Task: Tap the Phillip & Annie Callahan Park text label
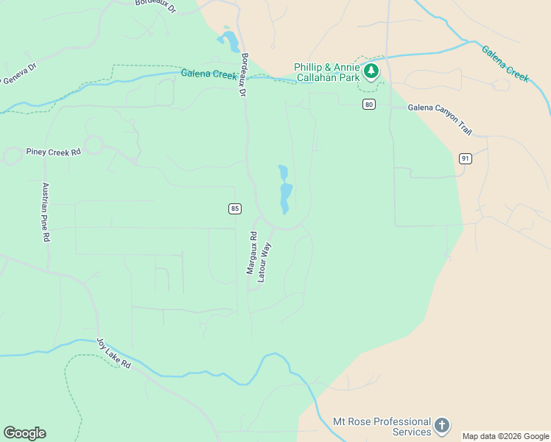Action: [x=326, y=71]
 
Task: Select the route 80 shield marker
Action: [x=368, y=105]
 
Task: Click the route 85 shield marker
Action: [x=234, y=208]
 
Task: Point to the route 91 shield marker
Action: [x=465, y=158]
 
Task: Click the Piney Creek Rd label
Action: [x=53, y=152]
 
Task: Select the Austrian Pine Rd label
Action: [x=46, y=212]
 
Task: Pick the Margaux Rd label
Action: [x=252, y=254]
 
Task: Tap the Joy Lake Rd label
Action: [x=113, y=354]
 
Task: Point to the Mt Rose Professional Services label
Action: [x=382, y=427]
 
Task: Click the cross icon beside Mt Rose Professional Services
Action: [x=441, y=425]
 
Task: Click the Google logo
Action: [x=24, y=433]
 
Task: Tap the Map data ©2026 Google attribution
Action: [x=506, y=436]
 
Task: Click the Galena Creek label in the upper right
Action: [x=505, y=63]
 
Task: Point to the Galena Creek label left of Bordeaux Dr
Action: [x=209, y=74]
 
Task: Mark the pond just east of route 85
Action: [x=285, y=190]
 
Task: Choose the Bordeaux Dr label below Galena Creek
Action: [x=242, y=74]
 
